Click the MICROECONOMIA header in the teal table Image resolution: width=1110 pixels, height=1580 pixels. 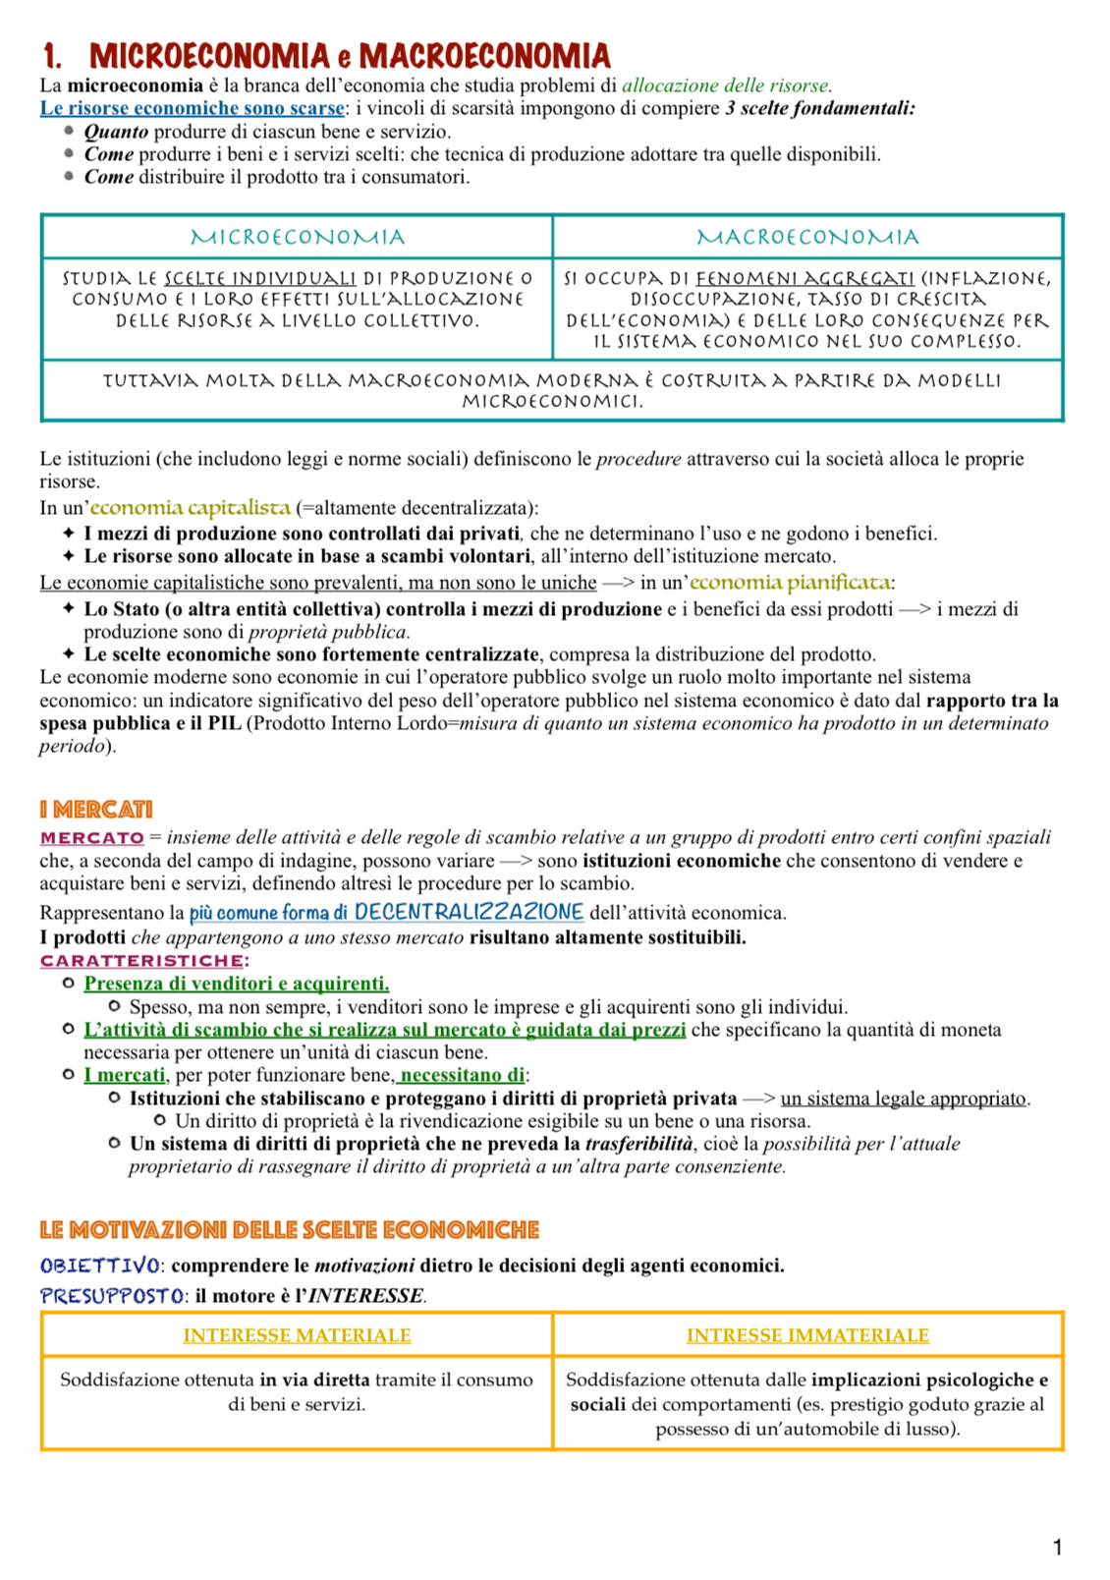pyautogui.click(x=297, y=237)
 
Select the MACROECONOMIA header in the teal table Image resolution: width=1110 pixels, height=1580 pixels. pyautogui.click(x=807, y=237)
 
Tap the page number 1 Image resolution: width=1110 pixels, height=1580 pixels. pyautogui.click(x=1057, y=1548)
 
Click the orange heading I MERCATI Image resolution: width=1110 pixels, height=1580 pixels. pyautogui.click(x=96, y=810)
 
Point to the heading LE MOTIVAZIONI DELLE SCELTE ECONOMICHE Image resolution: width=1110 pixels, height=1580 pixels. pyautogui.click(x=289, y=1229)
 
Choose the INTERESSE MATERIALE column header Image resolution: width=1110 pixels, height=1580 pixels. pyautogui.click(x=297, y=1335)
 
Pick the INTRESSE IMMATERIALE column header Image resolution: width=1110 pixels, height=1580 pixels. pyautogui.click(x=807, y=1335)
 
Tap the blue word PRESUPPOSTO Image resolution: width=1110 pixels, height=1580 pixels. pyautogui.click(x=112, y=1295)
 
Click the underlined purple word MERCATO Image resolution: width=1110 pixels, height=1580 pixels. pyautogui.click(x=92, y=838)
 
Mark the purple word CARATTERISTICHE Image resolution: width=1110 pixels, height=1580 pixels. pyautogui.click(x=142, y=960)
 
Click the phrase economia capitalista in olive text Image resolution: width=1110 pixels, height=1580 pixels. pyautogui.click(x=191, y=508)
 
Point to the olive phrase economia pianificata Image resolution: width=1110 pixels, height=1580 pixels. pyautogui.click(x=790, y=583)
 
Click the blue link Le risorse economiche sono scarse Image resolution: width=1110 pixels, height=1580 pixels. pyautogui.click(x=193, y=108)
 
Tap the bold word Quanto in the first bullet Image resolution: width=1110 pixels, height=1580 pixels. pyautogui.click(x=116, y=132)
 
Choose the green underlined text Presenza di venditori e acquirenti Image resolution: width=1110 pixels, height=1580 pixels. pyautogui.click(x=237, y=984)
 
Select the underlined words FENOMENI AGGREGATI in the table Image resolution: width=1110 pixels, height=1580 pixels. pyautogui.click(x=805, y=278)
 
